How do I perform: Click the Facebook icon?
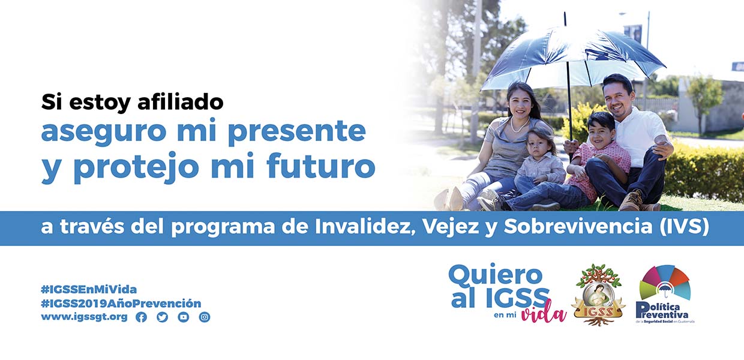point(141,317)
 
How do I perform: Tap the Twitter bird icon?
point(163,317)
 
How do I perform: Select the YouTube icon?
point(184,317)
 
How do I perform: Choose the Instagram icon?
point(205,317)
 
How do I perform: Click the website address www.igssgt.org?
point(85,317)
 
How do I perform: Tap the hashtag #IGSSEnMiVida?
point(89,289)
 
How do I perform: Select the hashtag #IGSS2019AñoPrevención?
point(121,303)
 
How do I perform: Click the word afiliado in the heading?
point(181,101)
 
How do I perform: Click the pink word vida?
point(544,311)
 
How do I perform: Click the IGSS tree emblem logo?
point(598,295)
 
